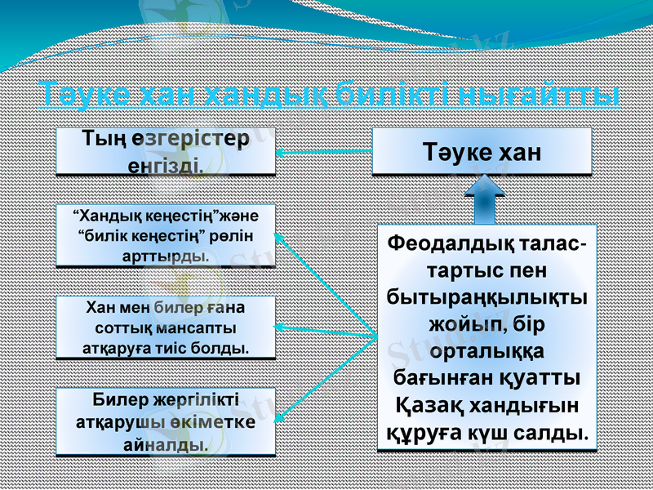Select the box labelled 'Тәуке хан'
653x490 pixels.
tap(482, 151)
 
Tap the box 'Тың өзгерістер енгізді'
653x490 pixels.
tap(166, 151)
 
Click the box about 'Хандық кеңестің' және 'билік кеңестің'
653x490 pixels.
tap(166, 236)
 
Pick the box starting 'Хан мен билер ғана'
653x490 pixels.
tap(166, 327)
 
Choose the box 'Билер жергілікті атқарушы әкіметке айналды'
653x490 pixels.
tap(166, 422)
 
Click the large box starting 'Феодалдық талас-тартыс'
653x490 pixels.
tap(487, 337)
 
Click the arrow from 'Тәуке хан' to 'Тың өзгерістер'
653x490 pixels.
tap(323, 152)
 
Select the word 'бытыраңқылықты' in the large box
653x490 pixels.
tap(487, 296)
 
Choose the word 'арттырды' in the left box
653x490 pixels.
tap(166, 256)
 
